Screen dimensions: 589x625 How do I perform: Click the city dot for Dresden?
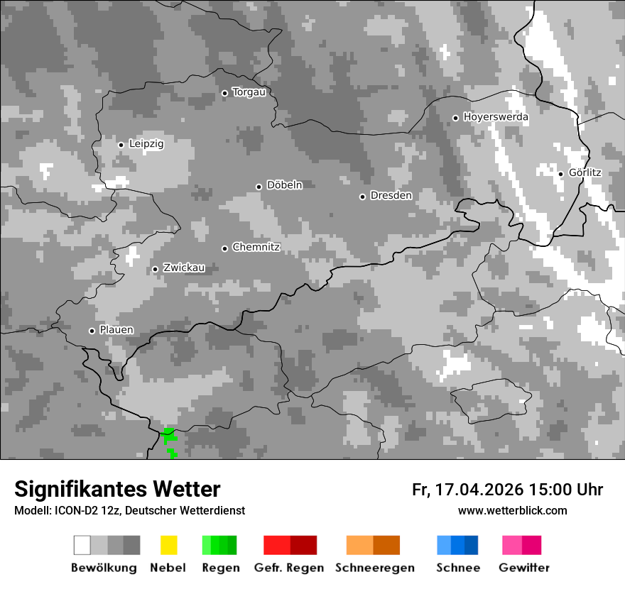coord(362,197)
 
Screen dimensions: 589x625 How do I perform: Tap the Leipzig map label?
coord(146,143)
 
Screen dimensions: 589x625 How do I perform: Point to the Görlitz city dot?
coord(560,174)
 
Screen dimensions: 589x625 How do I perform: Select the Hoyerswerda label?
coord(496,117)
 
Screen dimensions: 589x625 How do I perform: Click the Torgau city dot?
coord(224,93)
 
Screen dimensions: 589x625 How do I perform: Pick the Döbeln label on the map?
coord(284,185)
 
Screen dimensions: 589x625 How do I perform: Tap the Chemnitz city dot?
coord(224,248)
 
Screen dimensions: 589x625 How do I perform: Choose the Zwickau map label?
coord(184,268)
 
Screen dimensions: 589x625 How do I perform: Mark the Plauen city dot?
coord(92,331)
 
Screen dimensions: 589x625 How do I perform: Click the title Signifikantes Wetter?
coord(117,489)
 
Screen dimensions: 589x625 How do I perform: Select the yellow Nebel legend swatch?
coord(168,545)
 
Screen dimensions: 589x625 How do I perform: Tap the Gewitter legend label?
coord(524,568)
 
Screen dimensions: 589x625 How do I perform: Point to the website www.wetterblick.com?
coord(512,511)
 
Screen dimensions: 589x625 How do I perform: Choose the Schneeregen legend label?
coord(374,568)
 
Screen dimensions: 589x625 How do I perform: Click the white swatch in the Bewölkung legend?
coord(82,545)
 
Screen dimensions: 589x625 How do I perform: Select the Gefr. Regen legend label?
coord(289,568)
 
